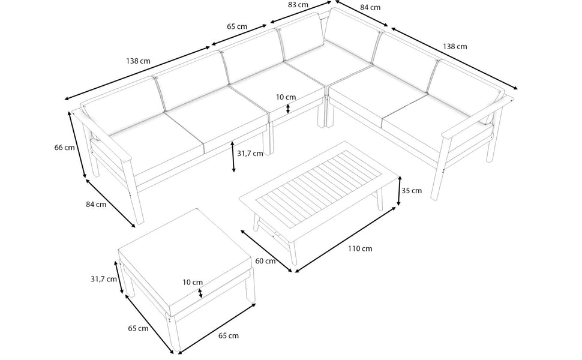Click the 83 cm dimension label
pos(298,5)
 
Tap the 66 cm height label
pos(65,148)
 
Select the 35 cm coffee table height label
pos(412,191)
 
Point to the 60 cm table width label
pos(265,261)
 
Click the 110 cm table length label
pos(359,248)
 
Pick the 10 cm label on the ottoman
pos(193,282)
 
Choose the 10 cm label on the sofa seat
pos(286,97)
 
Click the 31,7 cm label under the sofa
pos(250,154)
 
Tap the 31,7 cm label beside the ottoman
pos(104,279)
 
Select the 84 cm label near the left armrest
pos(96,204)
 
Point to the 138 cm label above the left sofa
pos(138,61)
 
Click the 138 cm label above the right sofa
pos(455,47)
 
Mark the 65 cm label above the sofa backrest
pos(237,27)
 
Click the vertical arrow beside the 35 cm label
pos(399,191)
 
